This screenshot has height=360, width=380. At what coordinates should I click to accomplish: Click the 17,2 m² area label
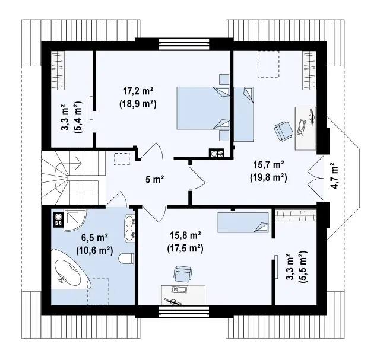pos(138,91)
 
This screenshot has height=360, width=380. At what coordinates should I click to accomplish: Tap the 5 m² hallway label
pos(154,179)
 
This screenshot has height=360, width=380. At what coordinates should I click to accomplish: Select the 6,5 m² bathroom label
pos(94,238)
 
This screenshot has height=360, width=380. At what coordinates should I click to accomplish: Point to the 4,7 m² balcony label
pos(334,176)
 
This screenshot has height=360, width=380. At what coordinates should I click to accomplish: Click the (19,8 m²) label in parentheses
pos(268,177)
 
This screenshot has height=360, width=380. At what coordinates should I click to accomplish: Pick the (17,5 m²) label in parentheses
pos(185,248)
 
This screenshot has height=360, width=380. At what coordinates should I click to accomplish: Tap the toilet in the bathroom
pos(126,259)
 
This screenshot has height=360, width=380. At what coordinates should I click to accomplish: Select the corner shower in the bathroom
pos(75,220)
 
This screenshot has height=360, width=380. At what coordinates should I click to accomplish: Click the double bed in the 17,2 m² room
pos(203,108)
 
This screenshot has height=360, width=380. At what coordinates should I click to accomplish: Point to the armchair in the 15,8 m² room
pos(182,273)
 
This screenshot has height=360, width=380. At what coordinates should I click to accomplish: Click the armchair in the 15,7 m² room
pos(284,131)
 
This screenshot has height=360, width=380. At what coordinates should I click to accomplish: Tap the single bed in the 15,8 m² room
pos(243,222)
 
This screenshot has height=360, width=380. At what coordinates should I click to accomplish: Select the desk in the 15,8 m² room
pos(183,295)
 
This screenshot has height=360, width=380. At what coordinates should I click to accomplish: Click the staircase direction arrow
pos(78,163)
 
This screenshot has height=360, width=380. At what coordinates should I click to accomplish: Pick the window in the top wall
pos(184,44)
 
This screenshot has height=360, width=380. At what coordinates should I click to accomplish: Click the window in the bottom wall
pos(183,311)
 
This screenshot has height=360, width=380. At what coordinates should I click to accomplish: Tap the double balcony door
pos(316,179)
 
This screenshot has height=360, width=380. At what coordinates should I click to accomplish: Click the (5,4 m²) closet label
pos(78,117)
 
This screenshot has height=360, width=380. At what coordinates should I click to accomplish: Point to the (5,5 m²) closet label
pos(303,267)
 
